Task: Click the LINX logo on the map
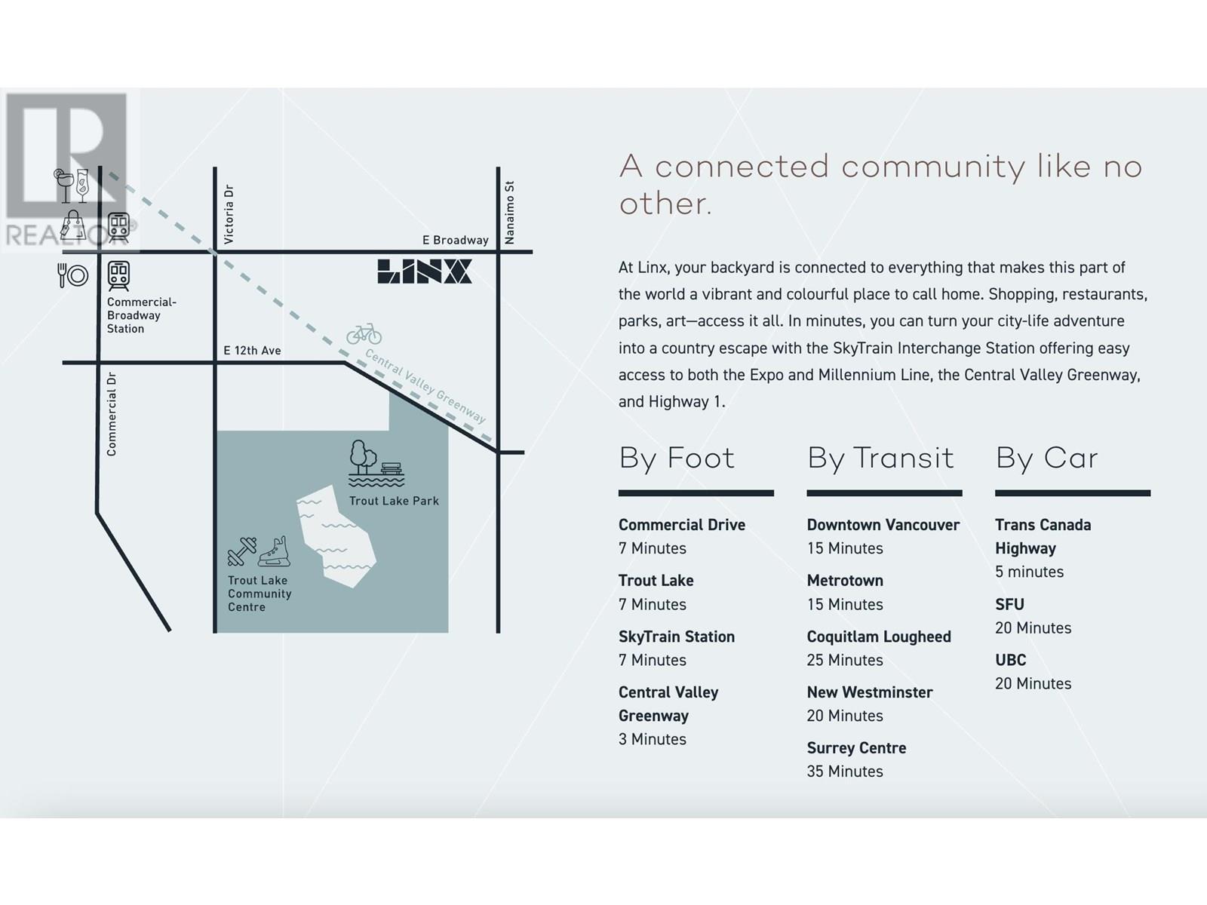point(424,271)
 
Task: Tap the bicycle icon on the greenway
point(364,333)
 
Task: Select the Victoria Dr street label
point(229,214)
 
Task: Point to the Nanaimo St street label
point(509,213)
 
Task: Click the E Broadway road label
point(456,240)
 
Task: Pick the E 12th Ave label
point(252,351)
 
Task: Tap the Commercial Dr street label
point(112,414)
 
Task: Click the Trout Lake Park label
point(394,501)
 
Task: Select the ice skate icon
point(275,551)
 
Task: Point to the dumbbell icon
point(242,552)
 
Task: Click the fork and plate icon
point(72,275)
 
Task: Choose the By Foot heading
point(677,459)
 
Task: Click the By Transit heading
point(880,459)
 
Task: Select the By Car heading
point(1046,459)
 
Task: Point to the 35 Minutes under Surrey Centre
point(845,772)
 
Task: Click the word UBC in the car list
point(1011,660)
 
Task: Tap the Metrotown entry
point(845,580)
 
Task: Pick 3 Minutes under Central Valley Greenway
point(653,739)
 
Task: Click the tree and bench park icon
point(376,463)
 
